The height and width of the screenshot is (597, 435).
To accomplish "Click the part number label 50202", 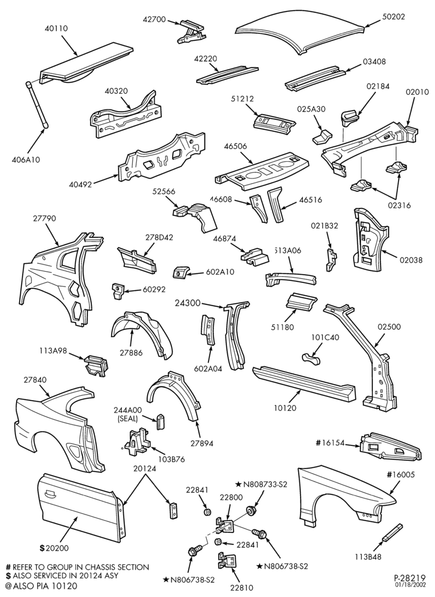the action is point(394,17).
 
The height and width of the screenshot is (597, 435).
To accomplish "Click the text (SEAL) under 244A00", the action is point(128,418).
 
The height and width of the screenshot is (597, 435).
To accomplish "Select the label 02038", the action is point(411,260).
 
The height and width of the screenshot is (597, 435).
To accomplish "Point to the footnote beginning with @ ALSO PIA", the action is point(41,586).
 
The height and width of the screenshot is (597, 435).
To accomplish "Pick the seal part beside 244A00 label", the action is point(160,421).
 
